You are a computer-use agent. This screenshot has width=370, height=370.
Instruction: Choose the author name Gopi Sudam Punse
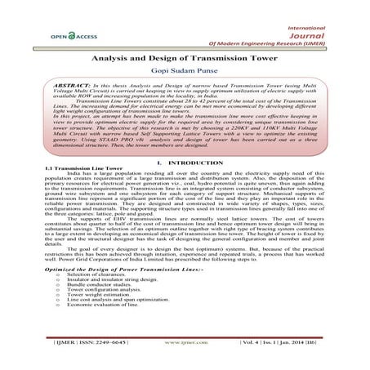[184, 82]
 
